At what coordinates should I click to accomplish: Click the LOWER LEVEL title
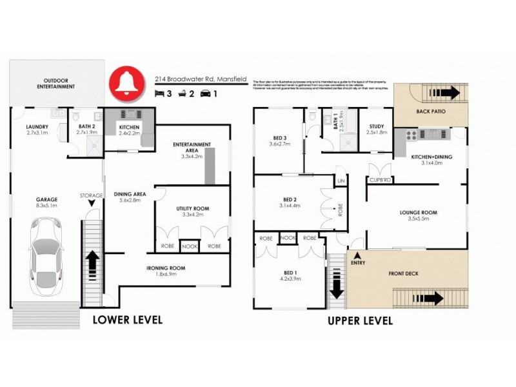[x=128, y=320]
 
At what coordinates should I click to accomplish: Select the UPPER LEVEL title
[x=361, y=321]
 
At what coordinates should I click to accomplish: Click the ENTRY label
[x=358, y=263]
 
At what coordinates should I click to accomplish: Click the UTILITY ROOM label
[x=193, y=209]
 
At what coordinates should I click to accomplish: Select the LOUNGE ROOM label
[x=419, y=212]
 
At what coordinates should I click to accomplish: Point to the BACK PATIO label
[x=431, y=112]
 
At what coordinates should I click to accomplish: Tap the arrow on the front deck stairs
[x=432, y=299]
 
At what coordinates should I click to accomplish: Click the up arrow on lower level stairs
[x=92, y=261]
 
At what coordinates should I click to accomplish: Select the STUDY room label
[x=377, y=126]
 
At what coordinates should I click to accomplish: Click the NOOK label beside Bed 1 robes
[x=288, y=238]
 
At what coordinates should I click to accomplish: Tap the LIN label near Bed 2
[x=341, y=181]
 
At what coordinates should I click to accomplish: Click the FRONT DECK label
[x=404, y=274]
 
